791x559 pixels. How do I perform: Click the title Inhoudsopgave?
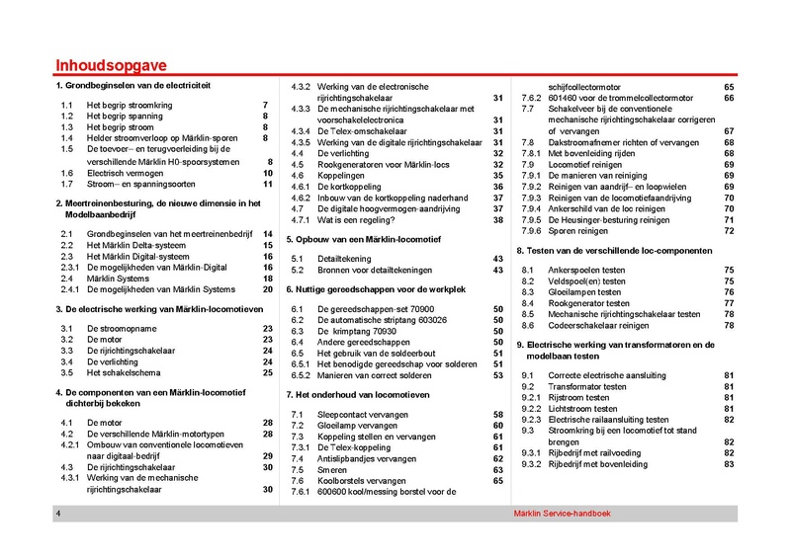pos(111,66)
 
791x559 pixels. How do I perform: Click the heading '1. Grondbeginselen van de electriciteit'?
pos(134,87)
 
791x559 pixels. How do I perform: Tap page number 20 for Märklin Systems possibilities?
pos(267,289)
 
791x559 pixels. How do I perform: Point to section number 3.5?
pos(67,372)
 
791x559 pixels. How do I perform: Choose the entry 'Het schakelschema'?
pos(125,372)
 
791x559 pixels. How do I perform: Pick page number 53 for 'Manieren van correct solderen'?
pos(498,376)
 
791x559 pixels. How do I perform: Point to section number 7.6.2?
pos(531,98)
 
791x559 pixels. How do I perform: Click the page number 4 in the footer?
pos(59,516)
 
